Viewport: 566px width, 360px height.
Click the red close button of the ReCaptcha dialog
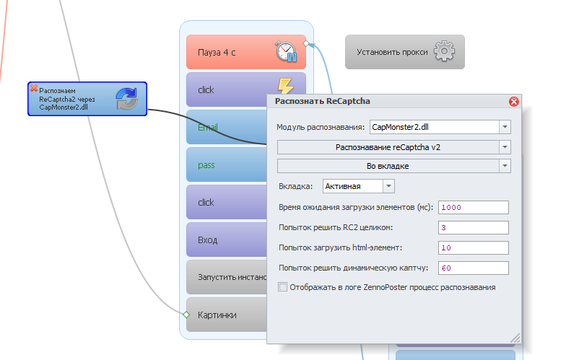pos(514,102)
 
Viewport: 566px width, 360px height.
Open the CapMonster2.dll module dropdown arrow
pos(504,128)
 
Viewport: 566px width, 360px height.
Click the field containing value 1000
pos(473,208)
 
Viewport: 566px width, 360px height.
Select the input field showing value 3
pos(473,228)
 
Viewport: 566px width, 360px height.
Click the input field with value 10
pos(473,248)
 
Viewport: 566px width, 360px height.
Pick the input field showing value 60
pos(473,268)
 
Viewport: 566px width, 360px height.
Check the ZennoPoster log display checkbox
pos(282,287)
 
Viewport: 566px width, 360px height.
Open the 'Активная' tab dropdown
pos(388,186)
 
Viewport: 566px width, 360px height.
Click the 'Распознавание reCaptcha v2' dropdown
pos(393,147)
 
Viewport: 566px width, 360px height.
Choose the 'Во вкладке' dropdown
pos(393,166)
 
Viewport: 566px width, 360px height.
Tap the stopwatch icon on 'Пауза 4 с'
pos(287,52)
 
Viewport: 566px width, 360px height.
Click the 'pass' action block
pos(224,165)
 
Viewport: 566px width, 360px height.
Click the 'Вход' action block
pos(224,240)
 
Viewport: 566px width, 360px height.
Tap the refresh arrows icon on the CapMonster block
pos(127,99)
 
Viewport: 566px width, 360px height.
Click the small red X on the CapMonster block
pos(33,87)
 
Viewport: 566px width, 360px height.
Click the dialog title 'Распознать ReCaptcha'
pos(323,102)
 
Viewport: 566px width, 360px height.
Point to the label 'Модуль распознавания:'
pos(321,128)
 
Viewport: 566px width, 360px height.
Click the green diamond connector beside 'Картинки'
pos(186,315)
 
